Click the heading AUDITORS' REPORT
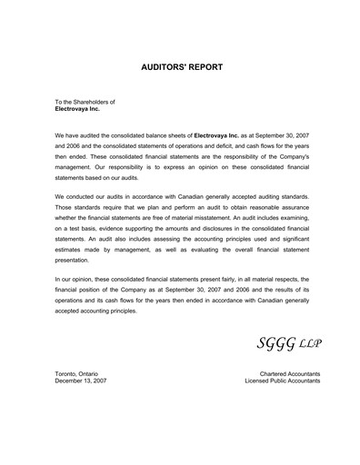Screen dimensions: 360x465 tap(181, 67)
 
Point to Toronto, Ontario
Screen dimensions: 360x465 tap(77, 373)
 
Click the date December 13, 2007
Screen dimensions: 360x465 tap(81, 381)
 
